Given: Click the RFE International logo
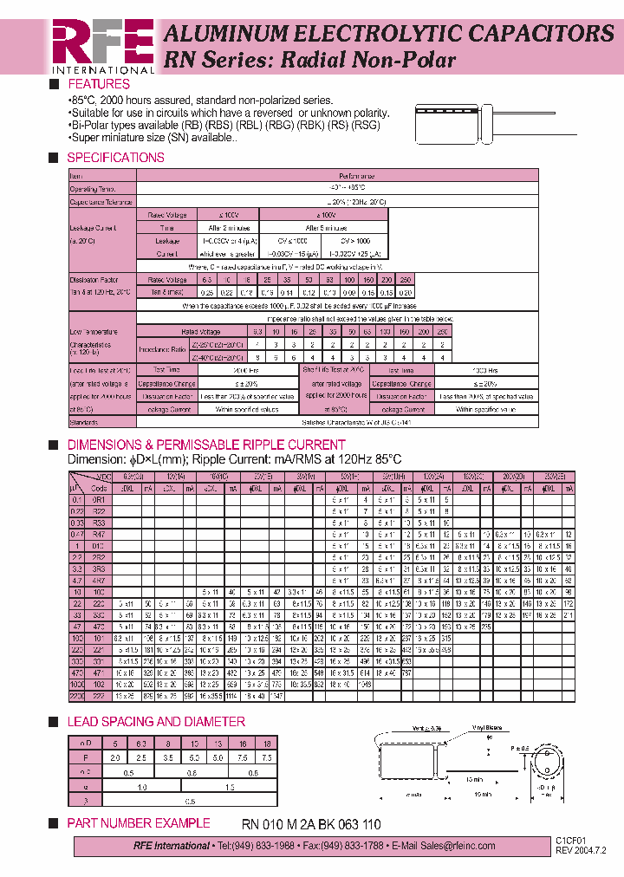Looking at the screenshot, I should pos(102,46).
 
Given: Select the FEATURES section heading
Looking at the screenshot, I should pos(99,84).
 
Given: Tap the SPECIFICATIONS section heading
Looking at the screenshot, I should pos(115,158).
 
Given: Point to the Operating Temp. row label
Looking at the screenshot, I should pos(92,188).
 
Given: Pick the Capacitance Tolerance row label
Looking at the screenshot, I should pos(101,201).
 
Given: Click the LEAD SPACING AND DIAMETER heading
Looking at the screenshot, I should pos(156,722).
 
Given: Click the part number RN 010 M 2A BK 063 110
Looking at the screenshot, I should pos(310,824).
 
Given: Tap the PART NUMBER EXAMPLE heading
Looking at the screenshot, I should pos(139,823).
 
